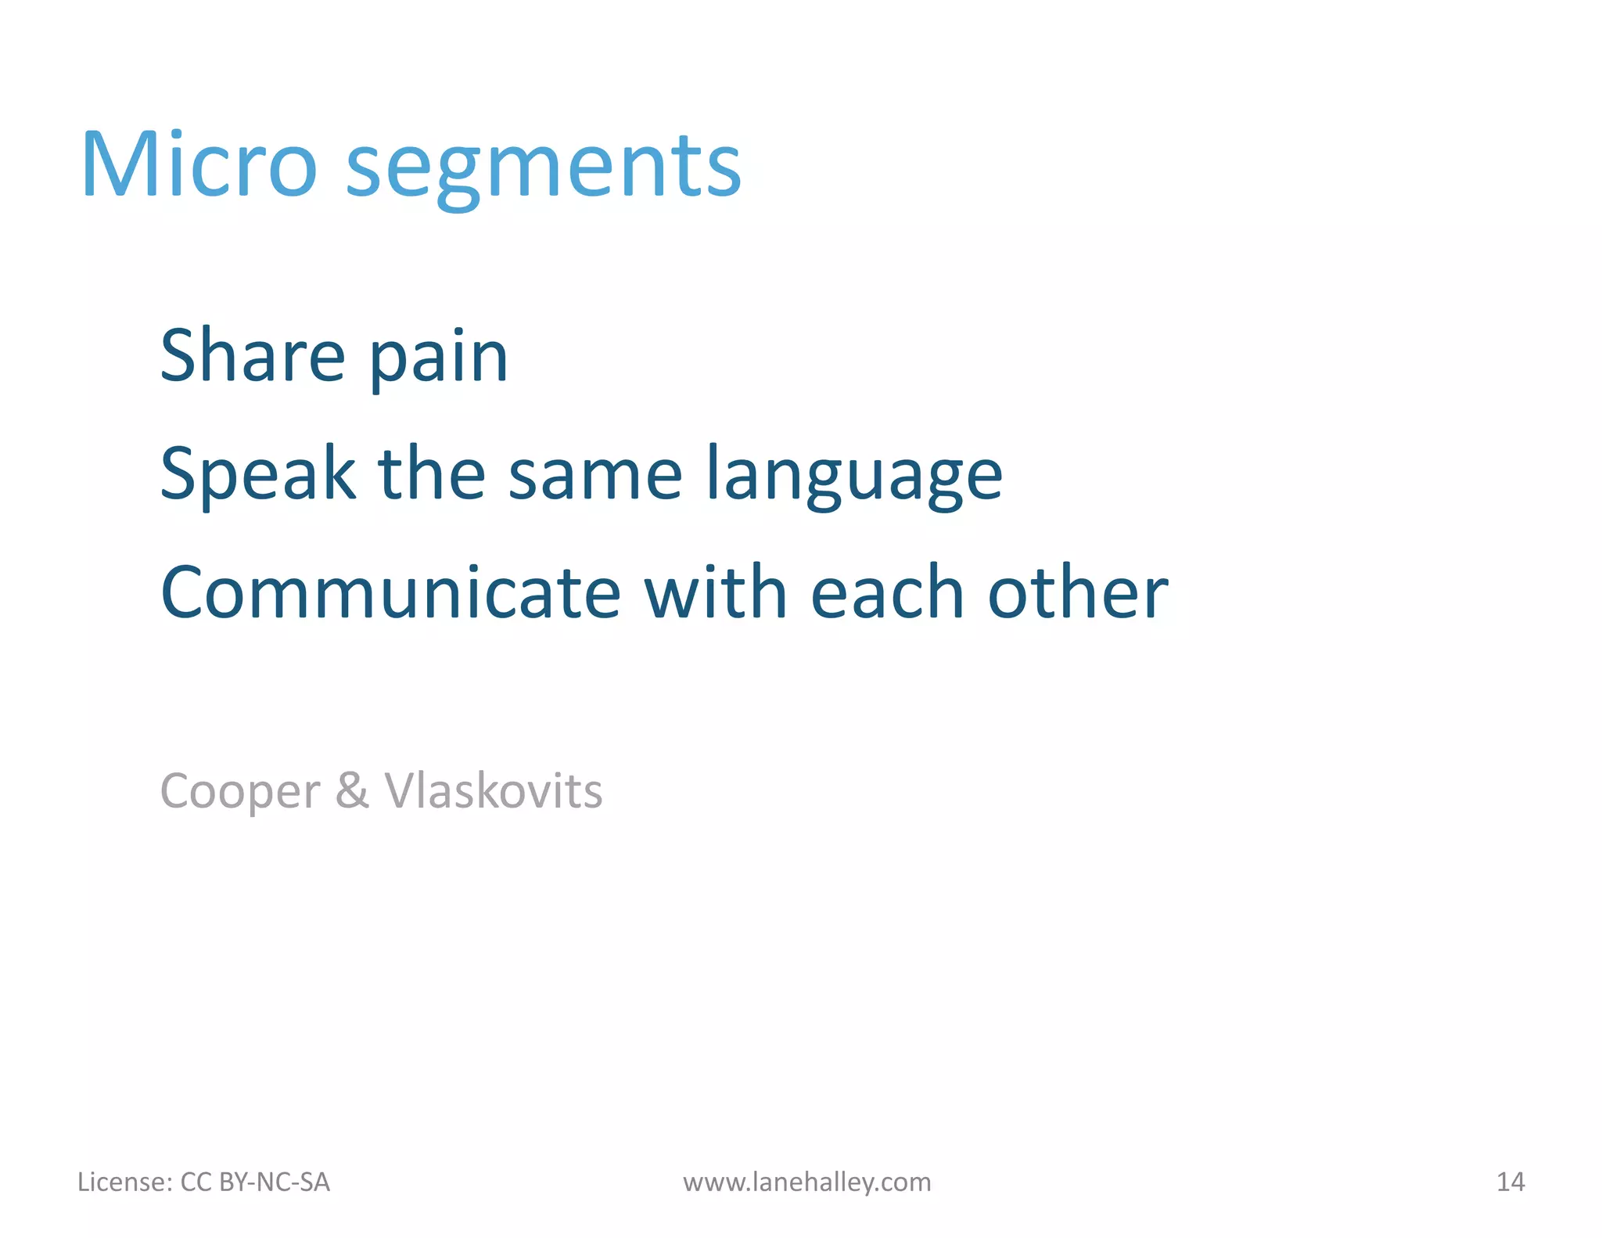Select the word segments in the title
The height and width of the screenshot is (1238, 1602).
(x=543, y=169)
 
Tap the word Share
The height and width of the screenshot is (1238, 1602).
(x=252, y=356)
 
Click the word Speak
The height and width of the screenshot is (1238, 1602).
(x=257, y=473)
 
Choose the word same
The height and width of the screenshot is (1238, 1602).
(x=595, y=475)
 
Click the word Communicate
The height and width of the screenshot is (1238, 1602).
(x=390, y=592)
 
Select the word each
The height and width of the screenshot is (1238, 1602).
(x=888, y=592)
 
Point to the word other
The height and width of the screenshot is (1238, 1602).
(x=1078, y=592)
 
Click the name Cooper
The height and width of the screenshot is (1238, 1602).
(x=239, y=792)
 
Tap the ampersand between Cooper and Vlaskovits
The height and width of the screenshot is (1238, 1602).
(x=351, y=790)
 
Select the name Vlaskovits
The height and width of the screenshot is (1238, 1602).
(x=494, y=790)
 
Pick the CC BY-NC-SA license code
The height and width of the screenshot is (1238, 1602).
(x=255, y=1182)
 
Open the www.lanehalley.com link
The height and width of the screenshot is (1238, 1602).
(x=806, y=1182)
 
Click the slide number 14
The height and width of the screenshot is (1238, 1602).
(x=1510, y=1182)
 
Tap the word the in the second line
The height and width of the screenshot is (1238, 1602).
(x=431, y=473)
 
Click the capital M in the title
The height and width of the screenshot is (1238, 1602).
(x=117, y=165)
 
